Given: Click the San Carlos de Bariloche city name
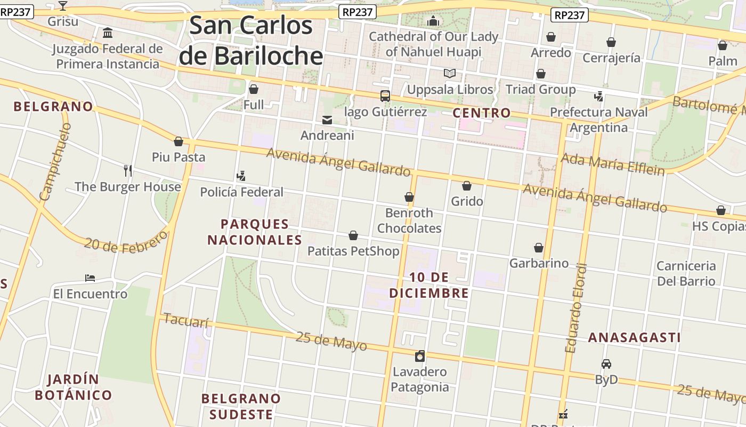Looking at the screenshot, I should point(251,41).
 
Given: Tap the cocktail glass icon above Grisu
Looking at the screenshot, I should point(63,6).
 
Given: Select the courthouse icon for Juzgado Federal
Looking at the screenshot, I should point(108,33).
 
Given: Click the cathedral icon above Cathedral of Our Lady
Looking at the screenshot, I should point(433,21).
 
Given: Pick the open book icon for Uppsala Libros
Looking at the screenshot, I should point(450,73).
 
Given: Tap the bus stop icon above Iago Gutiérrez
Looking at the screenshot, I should point(385,96).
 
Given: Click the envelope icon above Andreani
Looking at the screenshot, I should point(327,120).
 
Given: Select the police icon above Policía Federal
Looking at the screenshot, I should point(241,176).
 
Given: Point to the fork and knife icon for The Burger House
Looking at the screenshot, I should point(127,171).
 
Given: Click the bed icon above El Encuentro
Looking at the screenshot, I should point(90,278).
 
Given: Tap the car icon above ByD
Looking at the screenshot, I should point(606,364).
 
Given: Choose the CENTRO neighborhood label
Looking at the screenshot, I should point(482,113).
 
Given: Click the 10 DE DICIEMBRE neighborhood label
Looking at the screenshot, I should point(429,285).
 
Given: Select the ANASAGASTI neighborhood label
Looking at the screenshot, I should point(634,337).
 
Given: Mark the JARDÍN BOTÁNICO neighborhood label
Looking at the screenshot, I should point(73,388).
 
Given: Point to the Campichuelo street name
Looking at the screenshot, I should point(55,162).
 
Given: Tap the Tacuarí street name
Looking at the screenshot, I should point(185,321).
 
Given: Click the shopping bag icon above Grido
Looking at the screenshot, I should point(467,186).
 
